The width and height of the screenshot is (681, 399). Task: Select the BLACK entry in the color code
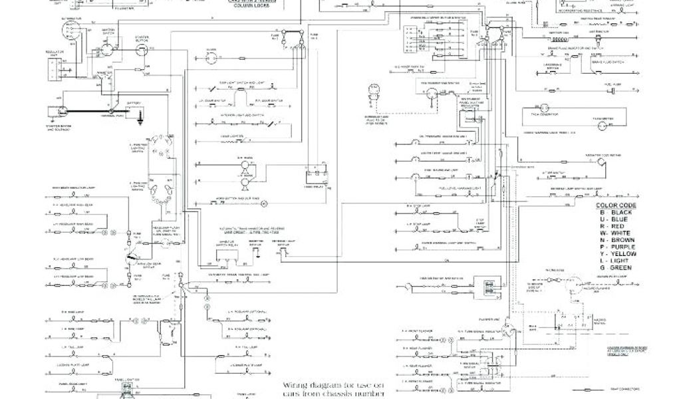coord(618,213)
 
